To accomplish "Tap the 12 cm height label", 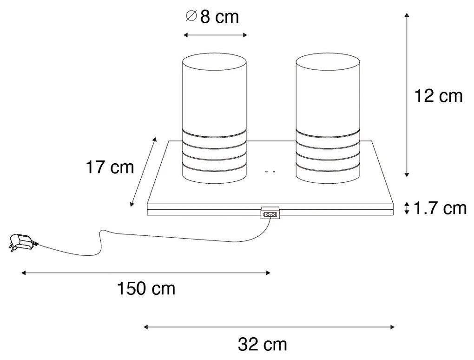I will [x=438, y=96].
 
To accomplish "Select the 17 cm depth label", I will [x=110, y=167].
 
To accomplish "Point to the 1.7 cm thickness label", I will [x=440, y=208].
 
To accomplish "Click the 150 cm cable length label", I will [x=145, y=289].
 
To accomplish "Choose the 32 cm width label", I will [x=262, y=345].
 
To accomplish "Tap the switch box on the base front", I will [x=270, y=213].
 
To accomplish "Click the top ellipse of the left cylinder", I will [x=214, y=62].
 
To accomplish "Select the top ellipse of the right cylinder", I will [x=328, y=62].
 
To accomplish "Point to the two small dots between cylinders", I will [x=270, y=172].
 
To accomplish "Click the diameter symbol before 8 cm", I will [x=191, y=16].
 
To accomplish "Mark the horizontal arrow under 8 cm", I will [x=215, y=35].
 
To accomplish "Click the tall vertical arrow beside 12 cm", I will [x=407, y=95].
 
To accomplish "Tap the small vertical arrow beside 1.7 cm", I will [x=407, y=208].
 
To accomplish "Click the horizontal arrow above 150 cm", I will [x=145, y=273].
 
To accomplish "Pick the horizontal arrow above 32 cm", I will [x=270, y=327].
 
